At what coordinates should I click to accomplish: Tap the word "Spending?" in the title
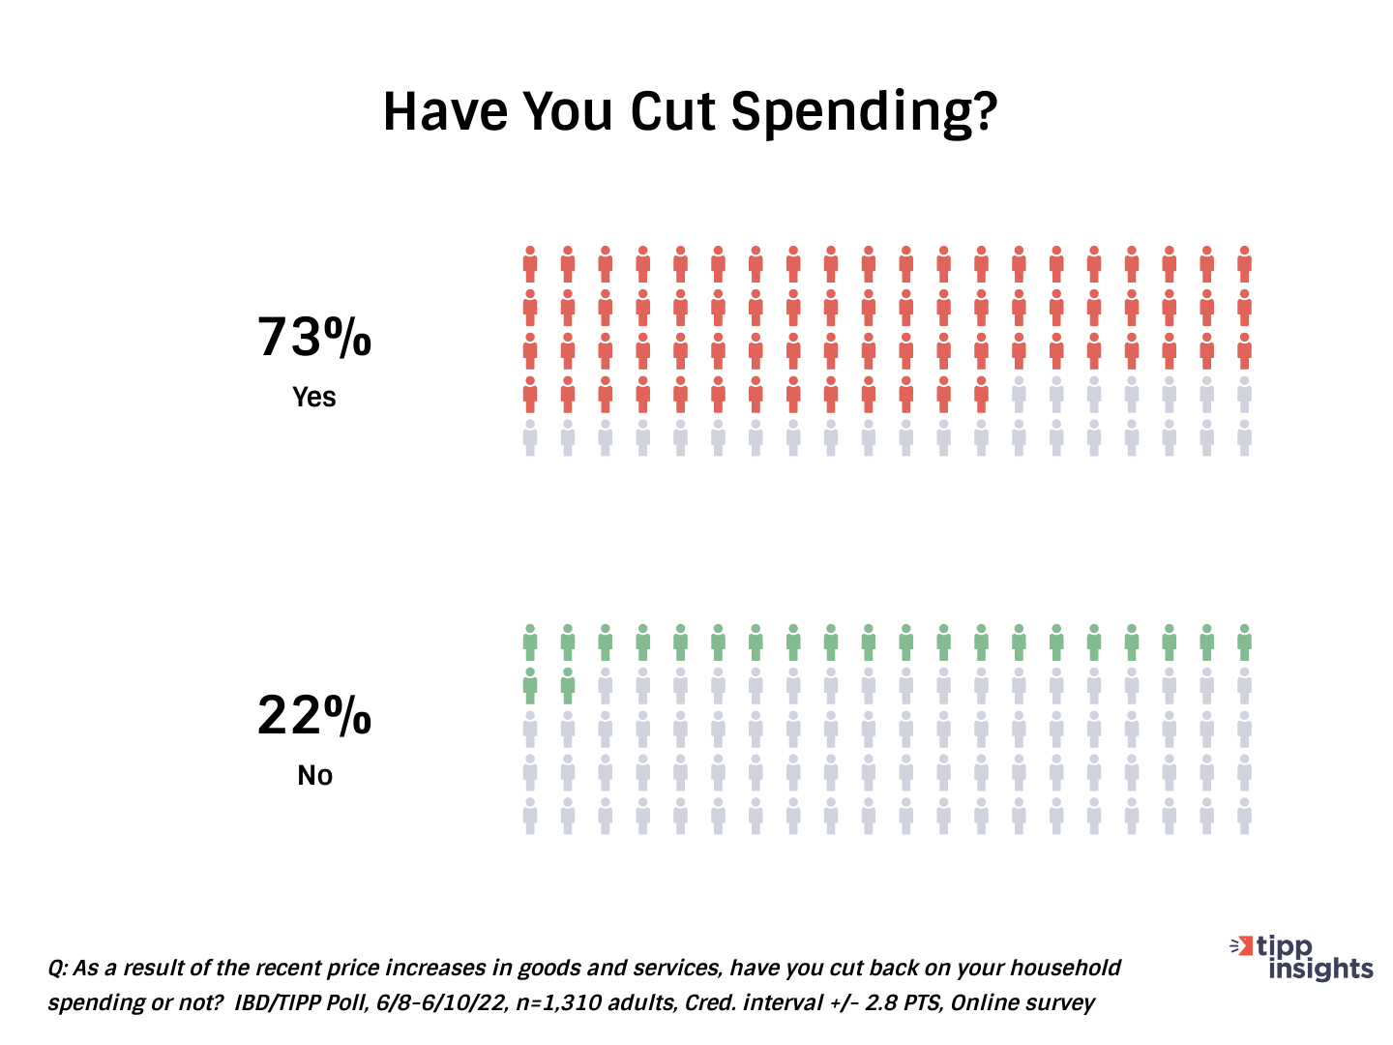click(x=863, y=113)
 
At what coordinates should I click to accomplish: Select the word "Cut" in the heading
click(x=674, y=111)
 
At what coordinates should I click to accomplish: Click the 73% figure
click(x=314, y=338)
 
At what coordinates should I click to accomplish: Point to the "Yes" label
click(x=314, y=397)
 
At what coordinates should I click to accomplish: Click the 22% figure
click(x=314, y=716)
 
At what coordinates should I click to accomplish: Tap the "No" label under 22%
click(x=314, y=775)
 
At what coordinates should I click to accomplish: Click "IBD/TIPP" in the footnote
click(x=276, y=1002)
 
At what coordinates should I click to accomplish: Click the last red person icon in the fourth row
click(x=981, y=394)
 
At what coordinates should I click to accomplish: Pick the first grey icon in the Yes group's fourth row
click(x=1019, y=394)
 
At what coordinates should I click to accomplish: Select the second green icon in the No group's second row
click(x=568, y=685)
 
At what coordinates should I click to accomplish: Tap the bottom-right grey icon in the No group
click(x=1244, y=816)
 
